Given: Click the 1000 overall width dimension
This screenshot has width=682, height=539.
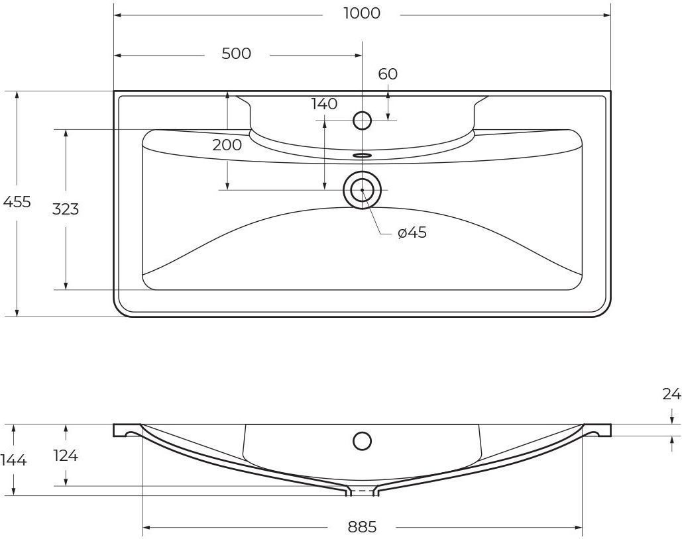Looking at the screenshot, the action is click(362, 13).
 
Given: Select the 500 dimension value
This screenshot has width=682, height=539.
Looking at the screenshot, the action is click(236, 54).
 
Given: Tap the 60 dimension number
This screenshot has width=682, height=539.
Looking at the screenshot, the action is click(388, 74).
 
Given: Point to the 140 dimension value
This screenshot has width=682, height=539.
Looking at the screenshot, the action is click(325, 104).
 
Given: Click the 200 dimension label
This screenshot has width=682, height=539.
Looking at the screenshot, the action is click(227, 145).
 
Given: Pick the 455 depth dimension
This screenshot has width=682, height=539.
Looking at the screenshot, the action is click(17, 202).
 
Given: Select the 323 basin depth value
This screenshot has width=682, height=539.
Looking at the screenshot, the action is click(66, 209).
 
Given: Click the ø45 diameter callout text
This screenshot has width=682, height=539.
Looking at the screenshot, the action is click(412, 233).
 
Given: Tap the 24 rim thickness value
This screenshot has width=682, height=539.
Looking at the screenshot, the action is click(671, 394).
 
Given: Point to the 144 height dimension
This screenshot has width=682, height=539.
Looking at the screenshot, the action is click(14, 460).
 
